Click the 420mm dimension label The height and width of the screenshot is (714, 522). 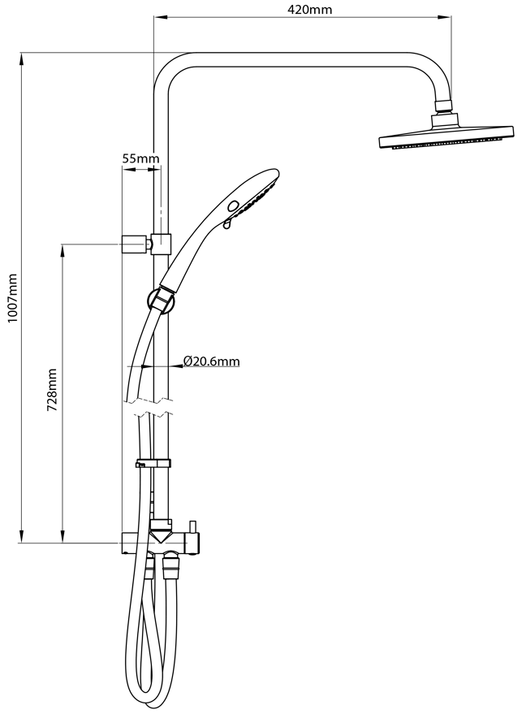point(310,9)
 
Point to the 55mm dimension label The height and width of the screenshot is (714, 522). point(141,158)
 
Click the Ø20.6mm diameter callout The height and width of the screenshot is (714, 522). point(212,361)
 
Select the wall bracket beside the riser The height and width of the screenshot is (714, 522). point(136,244)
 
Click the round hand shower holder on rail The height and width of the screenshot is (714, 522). point(161,301)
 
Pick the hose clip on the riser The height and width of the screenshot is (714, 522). point(153,464)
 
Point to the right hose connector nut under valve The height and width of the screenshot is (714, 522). point(171,566)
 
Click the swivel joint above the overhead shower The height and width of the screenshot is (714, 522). point(444,106)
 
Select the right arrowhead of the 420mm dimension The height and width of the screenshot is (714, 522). point(444,17)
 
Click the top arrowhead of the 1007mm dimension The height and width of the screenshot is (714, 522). point(21,59)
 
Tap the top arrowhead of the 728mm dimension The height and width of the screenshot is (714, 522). point(63,251)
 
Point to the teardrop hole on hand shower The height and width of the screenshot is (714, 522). point(227,223)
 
